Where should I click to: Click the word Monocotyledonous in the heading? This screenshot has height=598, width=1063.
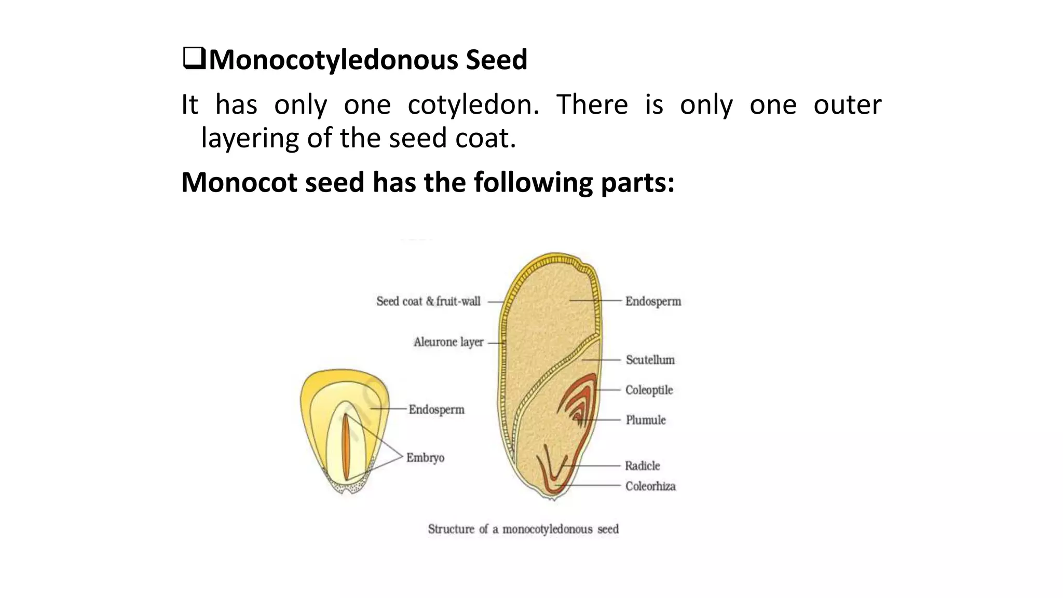pyautogui.click(x=333, y=60)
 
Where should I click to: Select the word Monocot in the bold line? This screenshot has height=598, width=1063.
pyautogui.click(x=238, y=182)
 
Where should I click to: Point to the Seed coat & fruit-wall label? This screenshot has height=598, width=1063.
pyautogui.click(x=428, y=302)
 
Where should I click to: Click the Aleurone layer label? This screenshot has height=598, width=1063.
pyautogui.click(x=448, y=342)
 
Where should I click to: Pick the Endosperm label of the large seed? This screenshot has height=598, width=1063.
pyautogui.click(x=653, y=302)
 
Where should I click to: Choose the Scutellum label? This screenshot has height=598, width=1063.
pyautogui.click(x=650, y=360)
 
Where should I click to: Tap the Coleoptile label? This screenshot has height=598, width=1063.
pyautogui.click(x=649, y=390)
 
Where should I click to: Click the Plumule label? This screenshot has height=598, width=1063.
pyautogui.click(x=646, y=420)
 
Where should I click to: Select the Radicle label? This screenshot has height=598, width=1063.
pyautogui.click(x=642, y=466)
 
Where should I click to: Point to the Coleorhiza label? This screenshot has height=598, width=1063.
pyautogui.click(x=650, y=486)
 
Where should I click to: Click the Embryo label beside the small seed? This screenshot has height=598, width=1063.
pyautogui.click(x=425, y=458)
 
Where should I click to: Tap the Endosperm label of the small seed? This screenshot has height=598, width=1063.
pyautogui.click(x=436, y=410)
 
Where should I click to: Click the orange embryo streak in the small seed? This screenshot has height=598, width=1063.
pyautogui.click(x=346, y=446)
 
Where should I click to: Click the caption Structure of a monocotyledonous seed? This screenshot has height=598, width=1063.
pyautogui.click(x=523, y=529)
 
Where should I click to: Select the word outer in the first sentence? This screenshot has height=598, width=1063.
pyautogui.click(x=847, y=105)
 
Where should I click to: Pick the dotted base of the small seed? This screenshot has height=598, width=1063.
pyautogui.click(x=348, y=486)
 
